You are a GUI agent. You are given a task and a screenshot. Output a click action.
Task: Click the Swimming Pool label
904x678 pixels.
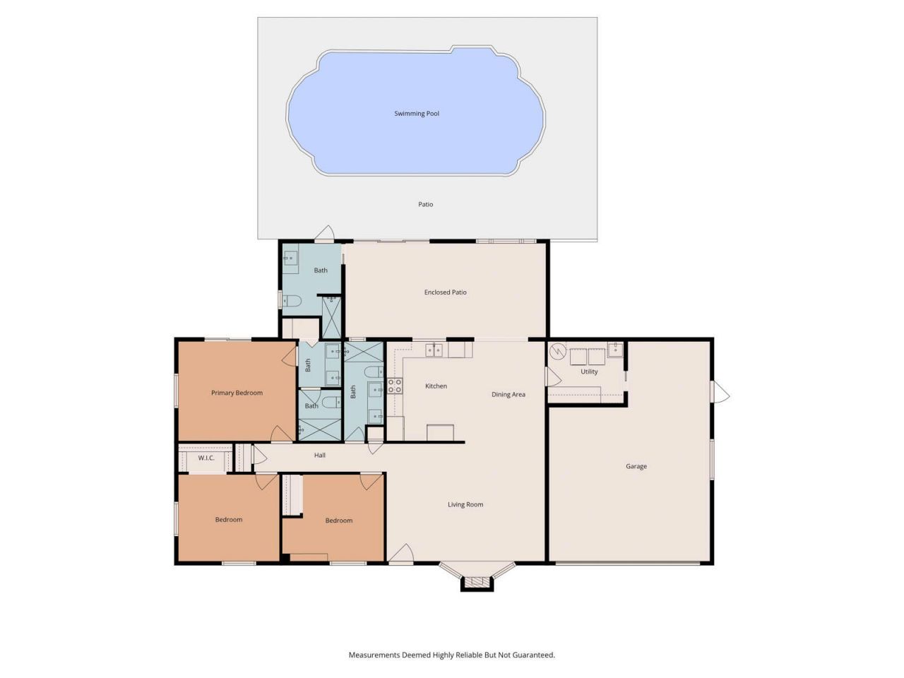click(x=417, y=114)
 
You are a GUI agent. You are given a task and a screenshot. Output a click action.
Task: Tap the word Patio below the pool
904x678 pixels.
click(x=425, y=205)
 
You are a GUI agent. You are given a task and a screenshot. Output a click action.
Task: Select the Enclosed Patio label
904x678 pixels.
click(x=445, y=292)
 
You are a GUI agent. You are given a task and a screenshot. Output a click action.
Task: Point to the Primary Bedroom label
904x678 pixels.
click(x=237, y=393)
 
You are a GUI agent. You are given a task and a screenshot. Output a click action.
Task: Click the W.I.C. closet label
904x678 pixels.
click(x=206, y=458)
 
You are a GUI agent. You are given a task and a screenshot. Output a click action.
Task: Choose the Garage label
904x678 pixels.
click(x=636, y=467)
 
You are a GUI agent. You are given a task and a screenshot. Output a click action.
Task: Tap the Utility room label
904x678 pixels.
click(x=589, y=372)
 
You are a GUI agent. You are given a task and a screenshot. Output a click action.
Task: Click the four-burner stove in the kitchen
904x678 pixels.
click(x=395, y=386)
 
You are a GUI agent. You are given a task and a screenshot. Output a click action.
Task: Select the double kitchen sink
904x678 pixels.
click(x=434, y=350)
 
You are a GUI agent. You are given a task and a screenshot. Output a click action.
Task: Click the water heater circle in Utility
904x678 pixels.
click(x=559, y=351)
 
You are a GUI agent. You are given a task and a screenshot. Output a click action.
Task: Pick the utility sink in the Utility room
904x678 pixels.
click(x=615, y=349)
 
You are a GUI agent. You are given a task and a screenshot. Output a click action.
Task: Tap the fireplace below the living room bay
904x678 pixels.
click(x=475, y=583)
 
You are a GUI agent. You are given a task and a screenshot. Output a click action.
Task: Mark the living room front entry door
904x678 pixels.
click(x=401, y=555)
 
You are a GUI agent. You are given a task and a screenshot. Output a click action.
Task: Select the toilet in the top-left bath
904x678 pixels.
click(x=292, y=302)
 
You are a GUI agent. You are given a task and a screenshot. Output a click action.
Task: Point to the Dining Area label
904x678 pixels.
click(x=508, y=395)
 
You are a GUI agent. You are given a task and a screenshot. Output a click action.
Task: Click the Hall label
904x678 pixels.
click(x=320, y=456)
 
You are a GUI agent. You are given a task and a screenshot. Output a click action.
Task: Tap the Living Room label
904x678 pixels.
click(x=465, y=505)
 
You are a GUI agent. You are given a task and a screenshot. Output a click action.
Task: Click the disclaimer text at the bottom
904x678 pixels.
click(x=451, y=655)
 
